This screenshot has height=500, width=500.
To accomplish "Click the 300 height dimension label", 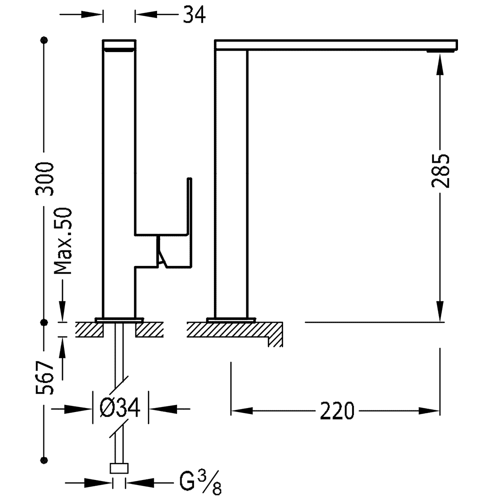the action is [44, 178].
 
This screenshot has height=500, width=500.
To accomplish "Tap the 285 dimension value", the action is [440, 171].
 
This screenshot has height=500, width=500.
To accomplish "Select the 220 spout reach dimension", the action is [337, 411].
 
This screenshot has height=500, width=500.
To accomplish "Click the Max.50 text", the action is [63, 241].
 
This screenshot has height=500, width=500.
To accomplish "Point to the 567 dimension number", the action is [44, 378].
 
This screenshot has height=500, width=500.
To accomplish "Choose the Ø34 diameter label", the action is [120, 408].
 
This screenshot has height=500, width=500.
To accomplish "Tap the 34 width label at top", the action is [194, 14].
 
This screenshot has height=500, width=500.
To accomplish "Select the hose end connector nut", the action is [119, 468].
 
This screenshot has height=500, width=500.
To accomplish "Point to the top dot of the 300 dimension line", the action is [44, 40].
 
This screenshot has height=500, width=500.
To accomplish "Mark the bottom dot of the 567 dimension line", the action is [44, 460].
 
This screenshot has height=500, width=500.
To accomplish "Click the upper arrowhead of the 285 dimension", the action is [440, 64].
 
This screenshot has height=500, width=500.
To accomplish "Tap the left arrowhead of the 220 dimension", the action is [242, 411].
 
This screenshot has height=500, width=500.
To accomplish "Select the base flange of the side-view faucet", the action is [231, 320].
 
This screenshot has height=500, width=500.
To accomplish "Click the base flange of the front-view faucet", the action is [119, 320].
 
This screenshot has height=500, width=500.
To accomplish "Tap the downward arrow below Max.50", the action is [62, 299].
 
